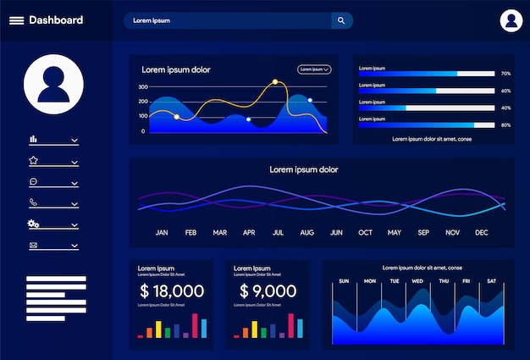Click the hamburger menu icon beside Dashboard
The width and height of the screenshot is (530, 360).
tap(16, 20)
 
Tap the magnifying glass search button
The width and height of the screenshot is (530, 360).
tap(341, 20)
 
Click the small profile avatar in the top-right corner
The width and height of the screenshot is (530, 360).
tap(511, 20)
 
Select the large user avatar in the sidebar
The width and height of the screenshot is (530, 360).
tap(53, 84)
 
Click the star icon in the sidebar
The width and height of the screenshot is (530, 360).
tap(34, 160)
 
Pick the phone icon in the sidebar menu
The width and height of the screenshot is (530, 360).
tap(34, 202)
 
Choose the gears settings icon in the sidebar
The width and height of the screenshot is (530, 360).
tap(34, 224)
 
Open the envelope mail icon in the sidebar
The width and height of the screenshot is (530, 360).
tap(34, 246)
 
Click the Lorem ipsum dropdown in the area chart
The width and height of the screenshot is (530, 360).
tap(313, 69)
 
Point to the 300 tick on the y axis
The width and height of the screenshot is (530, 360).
tap(143, 86)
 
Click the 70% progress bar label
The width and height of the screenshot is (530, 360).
tap(505, 74)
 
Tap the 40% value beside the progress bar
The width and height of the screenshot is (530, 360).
tap(505, 108)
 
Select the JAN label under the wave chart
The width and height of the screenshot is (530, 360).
tap(162, 232)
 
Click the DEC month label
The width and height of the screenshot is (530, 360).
tap(482, 232)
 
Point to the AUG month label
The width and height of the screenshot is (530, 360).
tap(306, 232)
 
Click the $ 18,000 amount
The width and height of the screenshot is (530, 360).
tap(172, 291)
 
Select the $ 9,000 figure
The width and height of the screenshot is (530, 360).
tap(268, 291)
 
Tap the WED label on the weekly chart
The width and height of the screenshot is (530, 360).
tap(417, 281)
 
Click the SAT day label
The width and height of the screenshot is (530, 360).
tap(491, 281)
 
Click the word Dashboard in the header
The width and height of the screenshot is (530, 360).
tap(56, 20)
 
